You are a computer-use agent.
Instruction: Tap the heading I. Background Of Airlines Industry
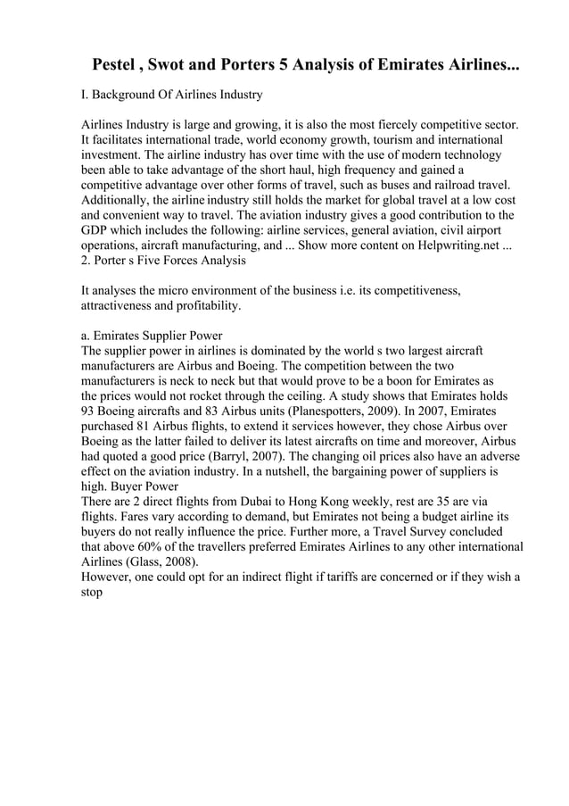coord(171,94)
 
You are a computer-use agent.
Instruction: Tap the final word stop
coord(92,594)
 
